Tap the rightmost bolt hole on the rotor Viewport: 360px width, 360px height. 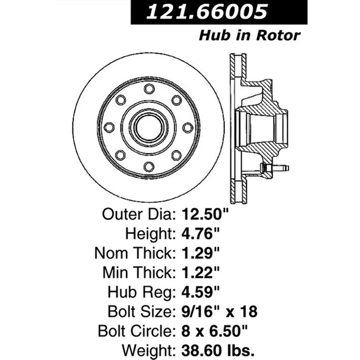187,127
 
